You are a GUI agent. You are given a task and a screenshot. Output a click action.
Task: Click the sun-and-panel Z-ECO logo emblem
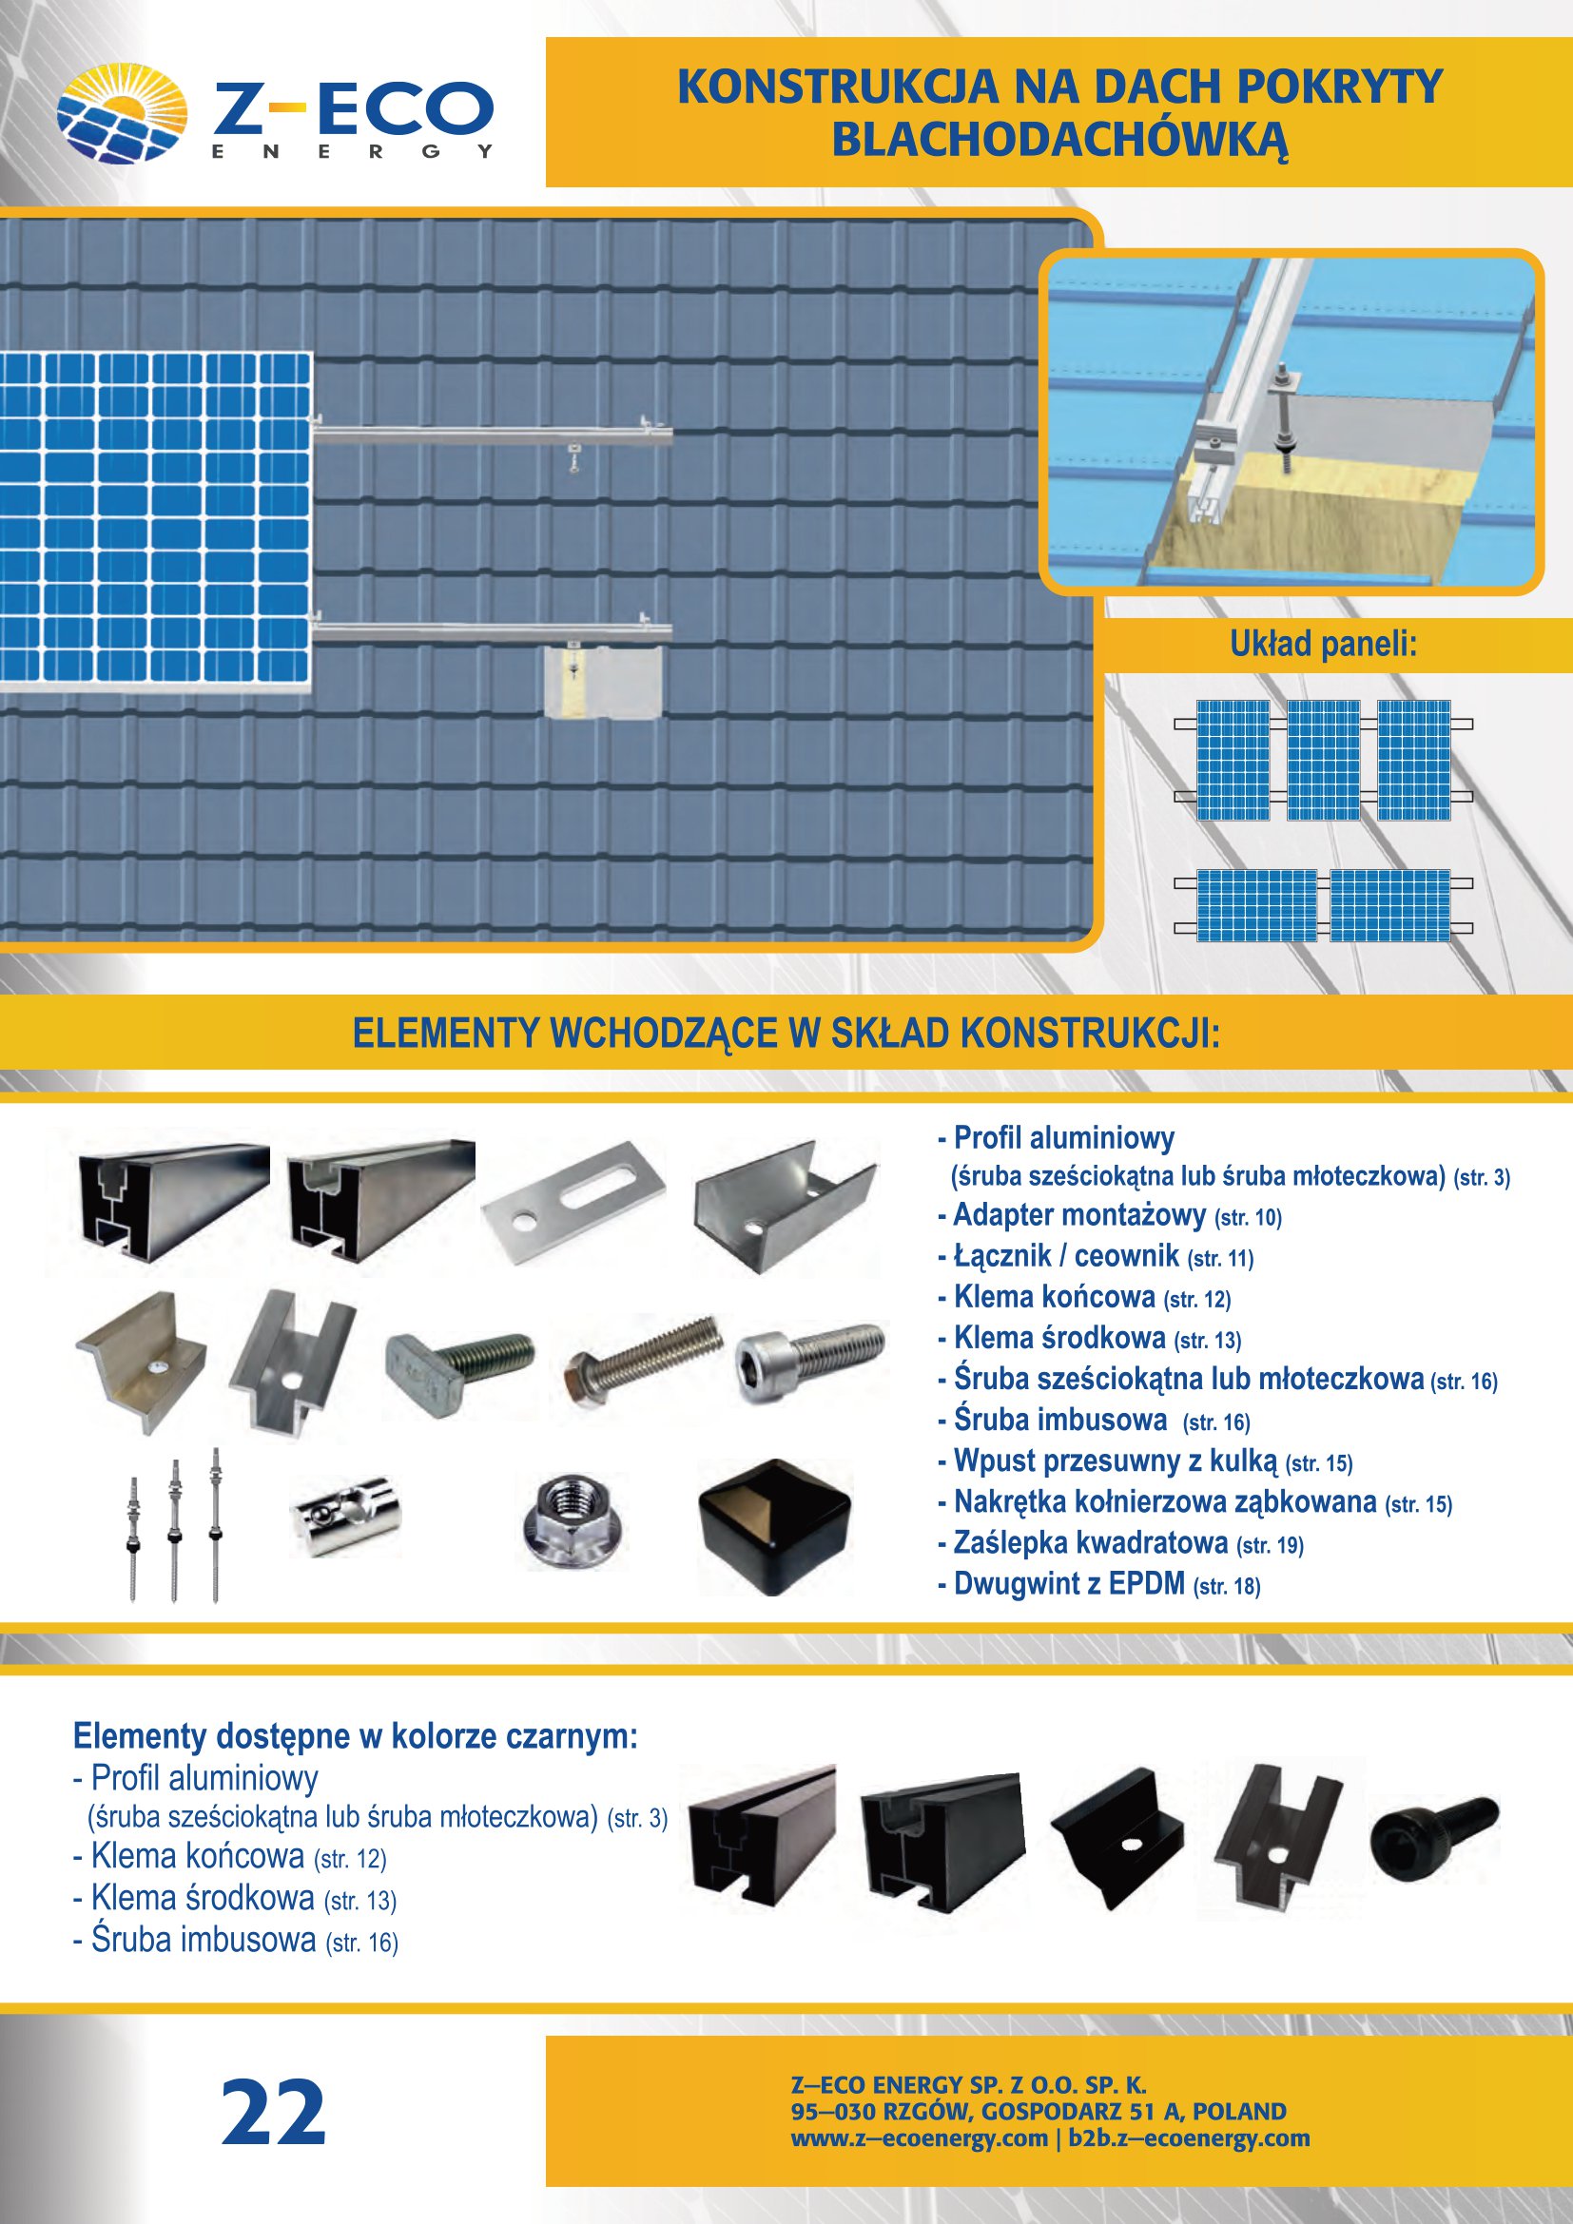click(121, 113)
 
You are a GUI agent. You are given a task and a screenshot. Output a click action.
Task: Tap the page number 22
click(273, 2113)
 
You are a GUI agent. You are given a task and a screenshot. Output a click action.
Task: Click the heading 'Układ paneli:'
click(1323, 644)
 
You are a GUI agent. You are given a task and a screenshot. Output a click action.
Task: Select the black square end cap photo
click(774, 1528)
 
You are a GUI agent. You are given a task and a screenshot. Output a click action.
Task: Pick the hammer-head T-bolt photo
click(458, 1358)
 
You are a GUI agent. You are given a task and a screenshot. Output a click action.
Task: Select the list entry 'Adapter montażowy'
click(1079, 1214)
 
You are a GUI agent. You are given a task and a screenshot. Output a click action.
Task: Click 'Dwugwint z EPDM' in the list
click(1069, 1584)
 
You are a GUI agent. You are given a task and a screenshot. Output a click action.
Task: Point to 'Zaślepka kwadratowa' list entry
click(1091, 1542)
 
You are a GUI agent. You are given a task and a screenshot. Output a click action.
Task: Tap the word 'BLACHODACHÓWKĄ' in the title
click(1059, 141)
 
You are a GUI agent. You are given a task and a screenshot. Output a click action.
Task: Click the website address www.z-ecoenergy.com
click(920, 2137)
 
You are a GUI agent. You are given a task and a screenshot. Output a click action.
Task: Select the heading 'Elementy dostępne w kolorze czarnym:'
click(356, 1736)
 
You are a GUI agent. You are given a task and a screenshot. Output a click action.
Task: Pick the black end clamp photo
click(1116, 1839)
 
